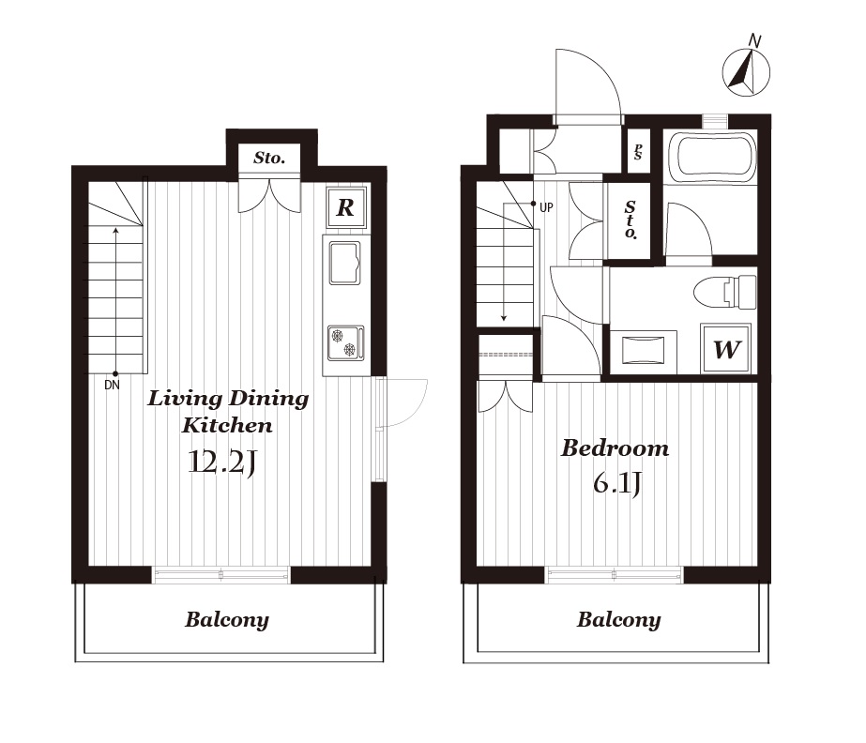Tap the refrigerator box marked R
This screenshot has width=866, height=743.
[x=345, y=207]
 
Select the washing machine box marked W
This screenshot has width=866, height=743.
[x=725, y=349]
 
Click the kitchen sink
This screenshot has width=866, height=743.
[x=344, y=263]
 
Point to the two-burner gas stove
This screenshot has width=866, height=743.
[x=345, y=342]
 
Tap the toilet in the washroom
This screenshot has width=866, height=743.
[x=724, y=292]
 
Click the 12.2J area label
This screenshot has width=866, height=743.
[x=222, y=462]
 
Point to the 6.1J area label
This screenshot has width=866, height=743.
[x=617, y=484]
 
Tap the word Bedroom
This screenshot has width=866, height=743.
[x=615, y=448]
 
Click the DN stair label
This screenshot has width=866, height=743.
[x=112, y=385]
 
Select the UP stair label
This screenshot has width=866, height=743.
[x=546, y=207]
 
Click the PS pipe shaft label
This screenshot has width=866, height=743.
[x=638, y=152]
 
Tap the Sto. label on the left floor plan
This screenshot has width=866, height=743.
[x=269, y=158]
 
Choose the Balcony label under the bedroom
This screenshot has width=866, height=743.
[x=618, y=620]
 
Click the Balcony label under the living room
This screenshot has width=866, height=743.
[x=227, y=620]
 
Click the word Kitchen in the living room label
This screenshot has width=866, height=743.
[x=227, y=425]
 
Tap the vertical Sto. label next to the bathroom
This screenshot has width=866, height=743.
[x=631, y=220]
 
